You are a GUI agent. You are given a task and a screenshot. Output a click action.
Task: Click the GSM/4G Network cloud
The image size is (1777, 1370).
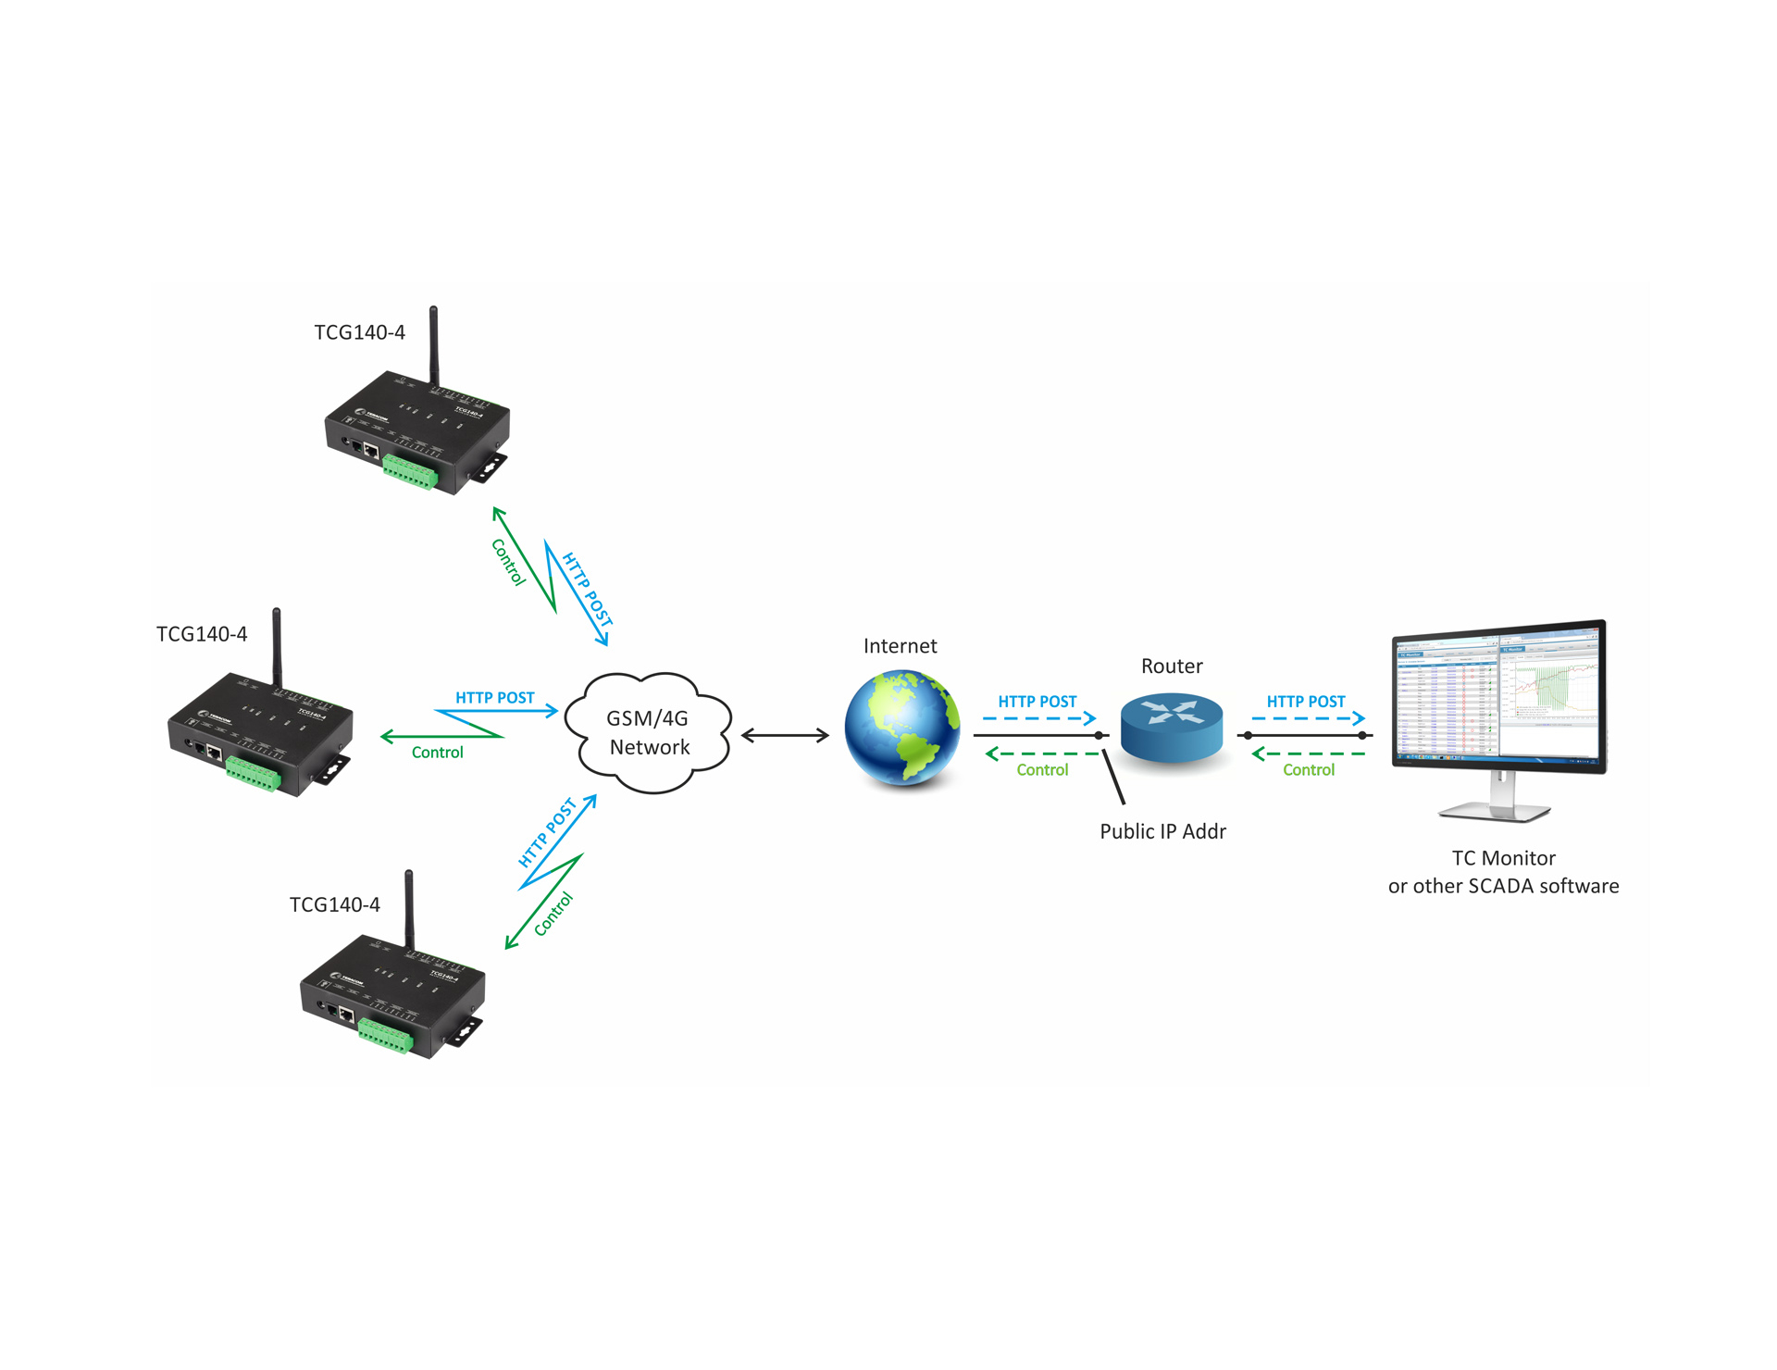click(649, 732)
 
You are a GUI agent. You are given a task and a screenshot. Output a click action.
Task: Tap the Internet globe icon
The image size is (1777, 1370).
click(901, 729)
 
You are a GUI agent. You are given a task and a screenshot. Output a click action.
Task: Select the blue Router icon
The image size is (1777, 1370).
click(1171, 728)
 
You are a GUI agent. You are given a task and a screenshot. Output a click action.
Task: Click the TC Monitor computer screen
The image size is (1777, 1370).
click(1499, 696)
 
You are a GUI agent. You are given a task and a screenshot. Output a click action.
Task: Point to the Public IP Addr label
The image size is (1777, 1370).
click(1162, 831)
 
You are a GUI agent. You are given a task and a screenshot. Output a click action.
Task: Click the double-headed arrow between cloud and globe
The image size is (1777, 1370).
click(785, 736)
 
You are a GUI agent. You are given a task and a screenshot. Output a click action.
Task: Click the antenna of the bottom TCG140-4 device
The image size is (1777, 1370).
click(409, 907)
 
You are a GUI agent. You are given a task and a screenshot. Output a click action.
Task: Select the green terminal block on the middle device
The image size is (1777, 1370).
click(253, 774)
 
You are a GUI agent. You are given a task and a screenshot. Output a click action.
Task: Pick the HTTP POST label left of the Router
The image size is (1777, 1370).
click(1037, 702)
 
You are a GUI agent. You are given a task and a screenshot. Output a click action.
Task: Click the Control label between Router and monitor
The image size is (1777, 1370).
click(1308, 770)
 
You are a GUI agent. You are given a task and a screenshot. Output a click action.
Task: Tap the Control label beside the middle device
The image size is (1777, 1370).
click(437, 753)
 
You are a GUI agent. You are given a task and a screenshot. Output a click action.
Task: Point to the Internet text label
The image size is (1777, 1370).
click(900, 646)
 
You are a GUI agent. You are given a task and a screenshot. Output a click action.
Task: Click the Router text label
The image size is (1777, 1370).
click(1172, 666)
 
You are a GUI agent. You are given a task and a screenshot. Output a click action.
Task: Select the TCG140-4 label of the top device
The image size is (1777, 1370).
click(359, 332)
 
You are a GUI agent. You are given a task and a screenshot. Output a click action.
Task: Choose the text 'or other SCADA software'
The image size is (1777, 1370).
click(1503, 886)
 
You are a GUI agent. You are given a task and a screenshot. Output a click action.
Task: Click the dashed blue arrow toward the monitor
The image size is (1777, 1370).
click(1308, 718)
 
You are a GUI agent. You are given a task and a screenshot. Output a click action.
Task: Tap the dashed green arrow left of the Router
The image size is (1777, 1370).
click(1041, 753)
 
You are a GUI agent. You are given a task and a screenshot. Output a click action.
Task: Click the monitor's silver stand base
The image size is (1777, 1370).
click(1494, 813)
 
